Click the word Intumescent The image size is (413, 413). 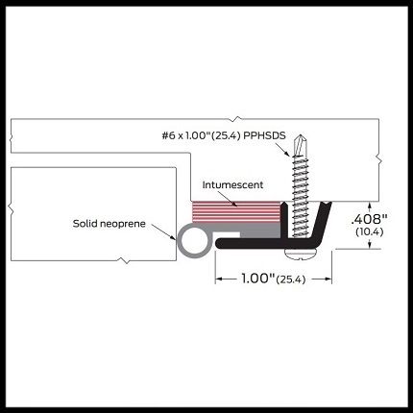coord(232,184)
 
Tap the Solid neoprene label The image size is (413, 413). coord(109,224)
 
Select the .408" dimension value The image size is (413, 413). coord(370,219)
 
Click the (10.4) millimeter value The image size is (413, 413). coord(370,231)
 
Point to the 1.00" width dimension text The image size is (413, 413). coord(258,279)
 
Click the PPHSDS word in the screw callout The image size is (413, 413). coord(264,135)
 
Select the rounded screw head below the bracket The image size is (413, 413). coord(301,254)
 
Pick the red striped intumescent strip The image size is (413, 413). coord(235,211)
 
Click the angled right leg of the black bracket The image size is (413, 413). coord(321,220)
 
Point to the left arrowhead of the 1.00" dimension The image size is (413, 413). coord(218,279)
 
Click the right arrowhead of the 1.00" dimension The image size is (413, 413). coord(328,279)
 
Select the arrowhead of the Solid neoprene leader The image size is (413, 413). coord(174,237)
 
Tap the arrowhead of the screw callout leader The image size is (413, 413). coord(287,154)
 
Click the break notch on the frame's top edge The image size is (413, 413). coord(236,118)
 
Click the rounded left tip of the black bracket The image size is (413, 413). coord(219,243)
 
